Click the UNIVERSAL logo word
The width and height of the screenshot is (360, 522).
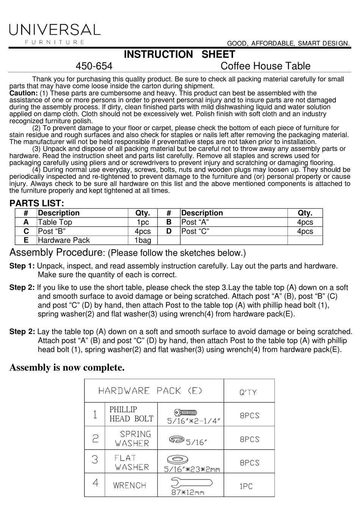[55, 30]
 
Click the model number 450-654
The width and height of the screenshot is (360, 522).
[94, 66]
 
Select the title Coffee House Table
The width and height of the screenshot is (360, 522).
[265, 66]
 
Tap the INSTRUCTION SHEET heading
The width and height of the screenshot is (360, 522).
[180, 54]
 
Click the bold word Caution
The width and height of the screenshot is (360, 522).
[23, 93]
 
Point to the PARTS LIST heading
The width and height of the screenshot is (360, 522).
[36, 203]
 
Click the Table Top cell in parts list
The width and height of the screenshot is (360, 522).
[55, 222]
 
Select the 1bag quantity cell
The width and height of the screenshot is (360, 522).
[142, 240]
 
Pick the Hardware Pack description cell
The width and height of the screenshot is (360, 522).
[64, 240]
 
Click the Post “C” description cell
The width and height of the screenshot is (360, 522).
[195, 231]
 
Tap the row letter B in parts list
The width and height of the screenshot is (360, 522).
[169, 222]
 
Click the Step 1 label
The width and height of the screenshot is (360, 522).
[22, 266]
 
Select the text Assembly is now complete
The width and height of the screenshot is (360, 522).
[67, 367]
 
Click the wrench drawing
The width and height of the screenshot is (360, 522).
[191, 483]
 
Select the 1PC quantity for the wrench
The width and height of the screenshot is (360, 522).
[246, 486]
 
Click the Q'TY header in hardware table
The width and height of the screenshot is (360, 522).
[248, 392]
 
